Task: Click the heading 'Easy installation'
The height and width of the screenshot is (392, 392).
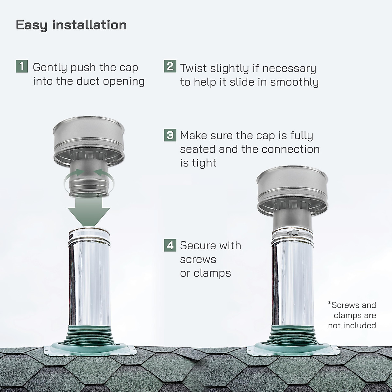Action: point(71,25)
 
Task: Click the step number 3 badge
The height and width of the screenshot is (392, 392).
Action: point(170,135)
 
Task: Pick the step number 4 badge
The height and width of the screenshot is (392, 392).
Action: point(170,245)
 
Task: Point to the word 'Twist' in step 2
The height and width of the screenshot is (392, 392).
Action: point(194,68)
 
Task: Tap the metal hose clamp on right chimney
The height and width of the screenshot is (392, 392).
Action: point(292,233)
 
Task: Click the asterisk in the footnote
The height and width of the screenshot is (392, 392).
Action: point(330,304)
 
